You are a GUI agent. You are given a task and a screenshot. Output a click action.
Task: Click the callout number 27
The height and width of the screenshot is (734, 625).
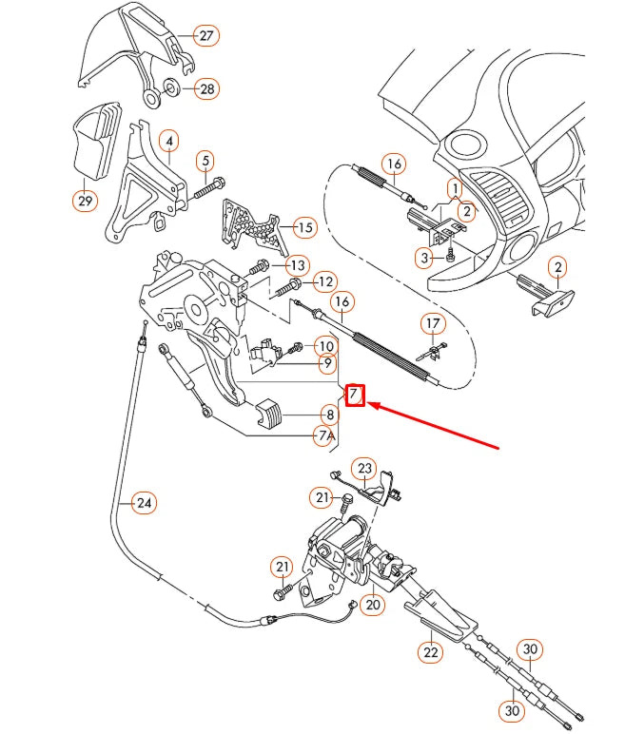point(205,36)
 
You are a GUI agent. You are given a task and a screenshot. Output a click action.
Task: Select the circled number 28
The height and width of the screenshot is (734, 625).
point(206,89)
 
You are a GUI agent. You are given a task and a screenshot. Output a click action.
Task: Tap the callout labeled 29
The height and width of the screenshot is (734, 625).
point(85,200)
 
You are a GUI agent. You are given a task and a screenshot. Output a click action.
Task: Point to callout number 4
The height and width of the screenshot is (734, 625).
point(169,143)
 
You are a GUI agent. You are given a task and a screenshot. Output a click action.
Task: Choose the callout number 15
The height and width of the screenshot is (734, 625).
point(303,227)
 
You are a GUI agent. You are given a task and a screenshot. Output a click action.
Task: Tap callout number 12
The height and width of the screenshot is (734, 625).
point(325,281)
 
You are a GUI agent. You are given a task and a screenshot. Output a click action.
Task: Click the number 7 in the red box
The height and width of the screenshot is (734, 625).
point(354,394)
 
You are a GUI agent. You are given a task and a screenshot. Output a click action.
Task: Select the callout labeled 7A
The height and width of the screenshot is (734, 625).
point(326,435)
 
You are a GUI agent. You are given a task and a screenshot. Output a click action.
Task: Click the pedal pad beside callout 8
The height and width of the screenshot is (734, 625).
point(271,414)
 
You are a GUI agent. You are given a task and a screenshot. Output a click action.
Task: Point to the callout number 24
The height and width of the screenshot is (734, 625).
point(143,502)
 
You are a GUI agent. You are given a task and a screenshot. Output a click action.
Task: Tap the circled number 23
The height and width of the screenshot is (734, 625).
point(365,468)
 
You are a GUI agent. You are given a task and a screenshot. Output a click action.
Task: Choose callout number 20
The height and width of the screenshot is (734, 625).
point(372,603)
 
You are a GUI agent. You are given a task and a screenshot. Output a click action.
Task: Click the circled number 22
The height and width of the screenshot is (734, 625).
point(431,652)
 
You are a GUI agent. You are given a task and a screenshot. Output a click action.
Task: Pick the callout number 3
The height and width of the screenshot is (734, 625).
point(425,257)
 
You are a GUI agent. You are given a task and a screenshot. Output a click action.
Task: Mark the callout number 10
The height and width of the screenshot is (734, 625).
point(326,346)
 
